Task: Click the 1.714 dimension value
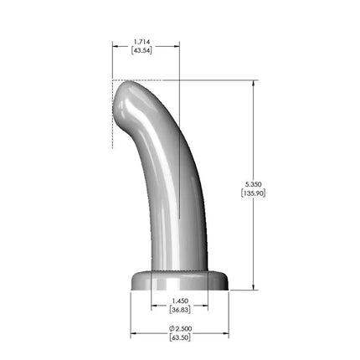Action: click(x=145, y=40)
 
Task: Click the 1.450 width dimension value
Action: click(x=178, y=301)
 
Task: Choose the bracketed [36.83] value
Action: click(x=178, y=311)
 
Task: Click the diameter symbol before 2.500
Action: click(x=170, y=328)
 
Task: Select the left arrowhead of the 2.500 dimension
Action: click(x=133, y=333)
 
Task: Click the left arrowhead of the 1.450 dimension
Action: click(x=154, y=306)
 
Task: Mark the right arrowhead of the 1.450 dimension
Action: click(x=204, y=306)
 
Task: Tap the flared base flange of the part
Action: click(x=179, y=280)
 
